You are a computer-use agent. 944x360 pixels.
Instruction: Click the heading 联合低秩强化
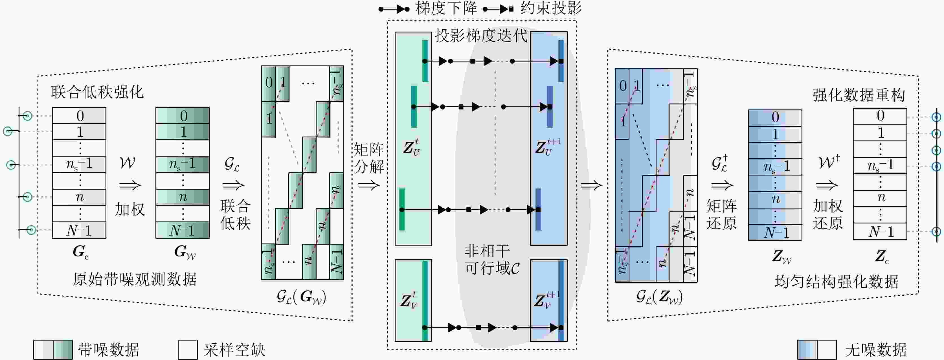click(97, 92)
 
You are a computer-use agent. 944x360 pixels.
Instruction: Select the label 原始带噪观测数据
click(135, 279)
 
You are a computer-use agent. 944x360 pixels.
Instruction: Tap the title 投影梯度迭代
click(481, 36)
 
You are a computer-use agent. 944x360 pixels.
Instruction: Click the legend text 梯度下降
click(446, 8)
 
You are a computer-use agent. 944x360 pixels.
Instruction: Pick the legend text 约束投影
click(551, 8)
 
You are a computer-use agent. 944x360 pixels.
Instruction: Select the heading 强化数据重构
click(859, 95)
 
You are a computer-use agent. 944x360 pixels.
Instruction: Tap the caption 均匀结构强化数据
click(836, 282)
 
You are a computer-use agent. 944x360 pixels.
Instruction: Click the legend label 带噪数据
click(108, 350)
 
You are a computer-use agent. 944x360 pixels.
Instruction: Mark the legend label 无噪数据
click(876, 350)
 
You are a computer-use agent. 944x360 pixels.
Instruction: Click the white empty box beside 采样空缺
click(188, 350)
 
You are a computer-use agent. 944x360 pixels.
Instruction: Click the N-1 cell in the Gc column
click(79, 230)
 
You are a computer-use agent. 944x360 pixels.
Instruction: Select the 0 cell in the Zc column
click(880, 116)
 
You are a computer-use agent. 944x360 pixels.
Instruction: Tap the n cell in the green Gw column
click(183, 197)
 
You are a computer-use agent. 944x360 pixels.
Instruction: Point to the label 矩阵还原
click(721, 214)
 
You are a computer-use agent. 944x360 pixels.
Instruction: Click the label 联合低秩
click(235, 214)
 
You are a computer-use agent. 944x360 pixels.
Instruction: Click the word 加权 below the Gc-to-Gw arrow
click(130, 209)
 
